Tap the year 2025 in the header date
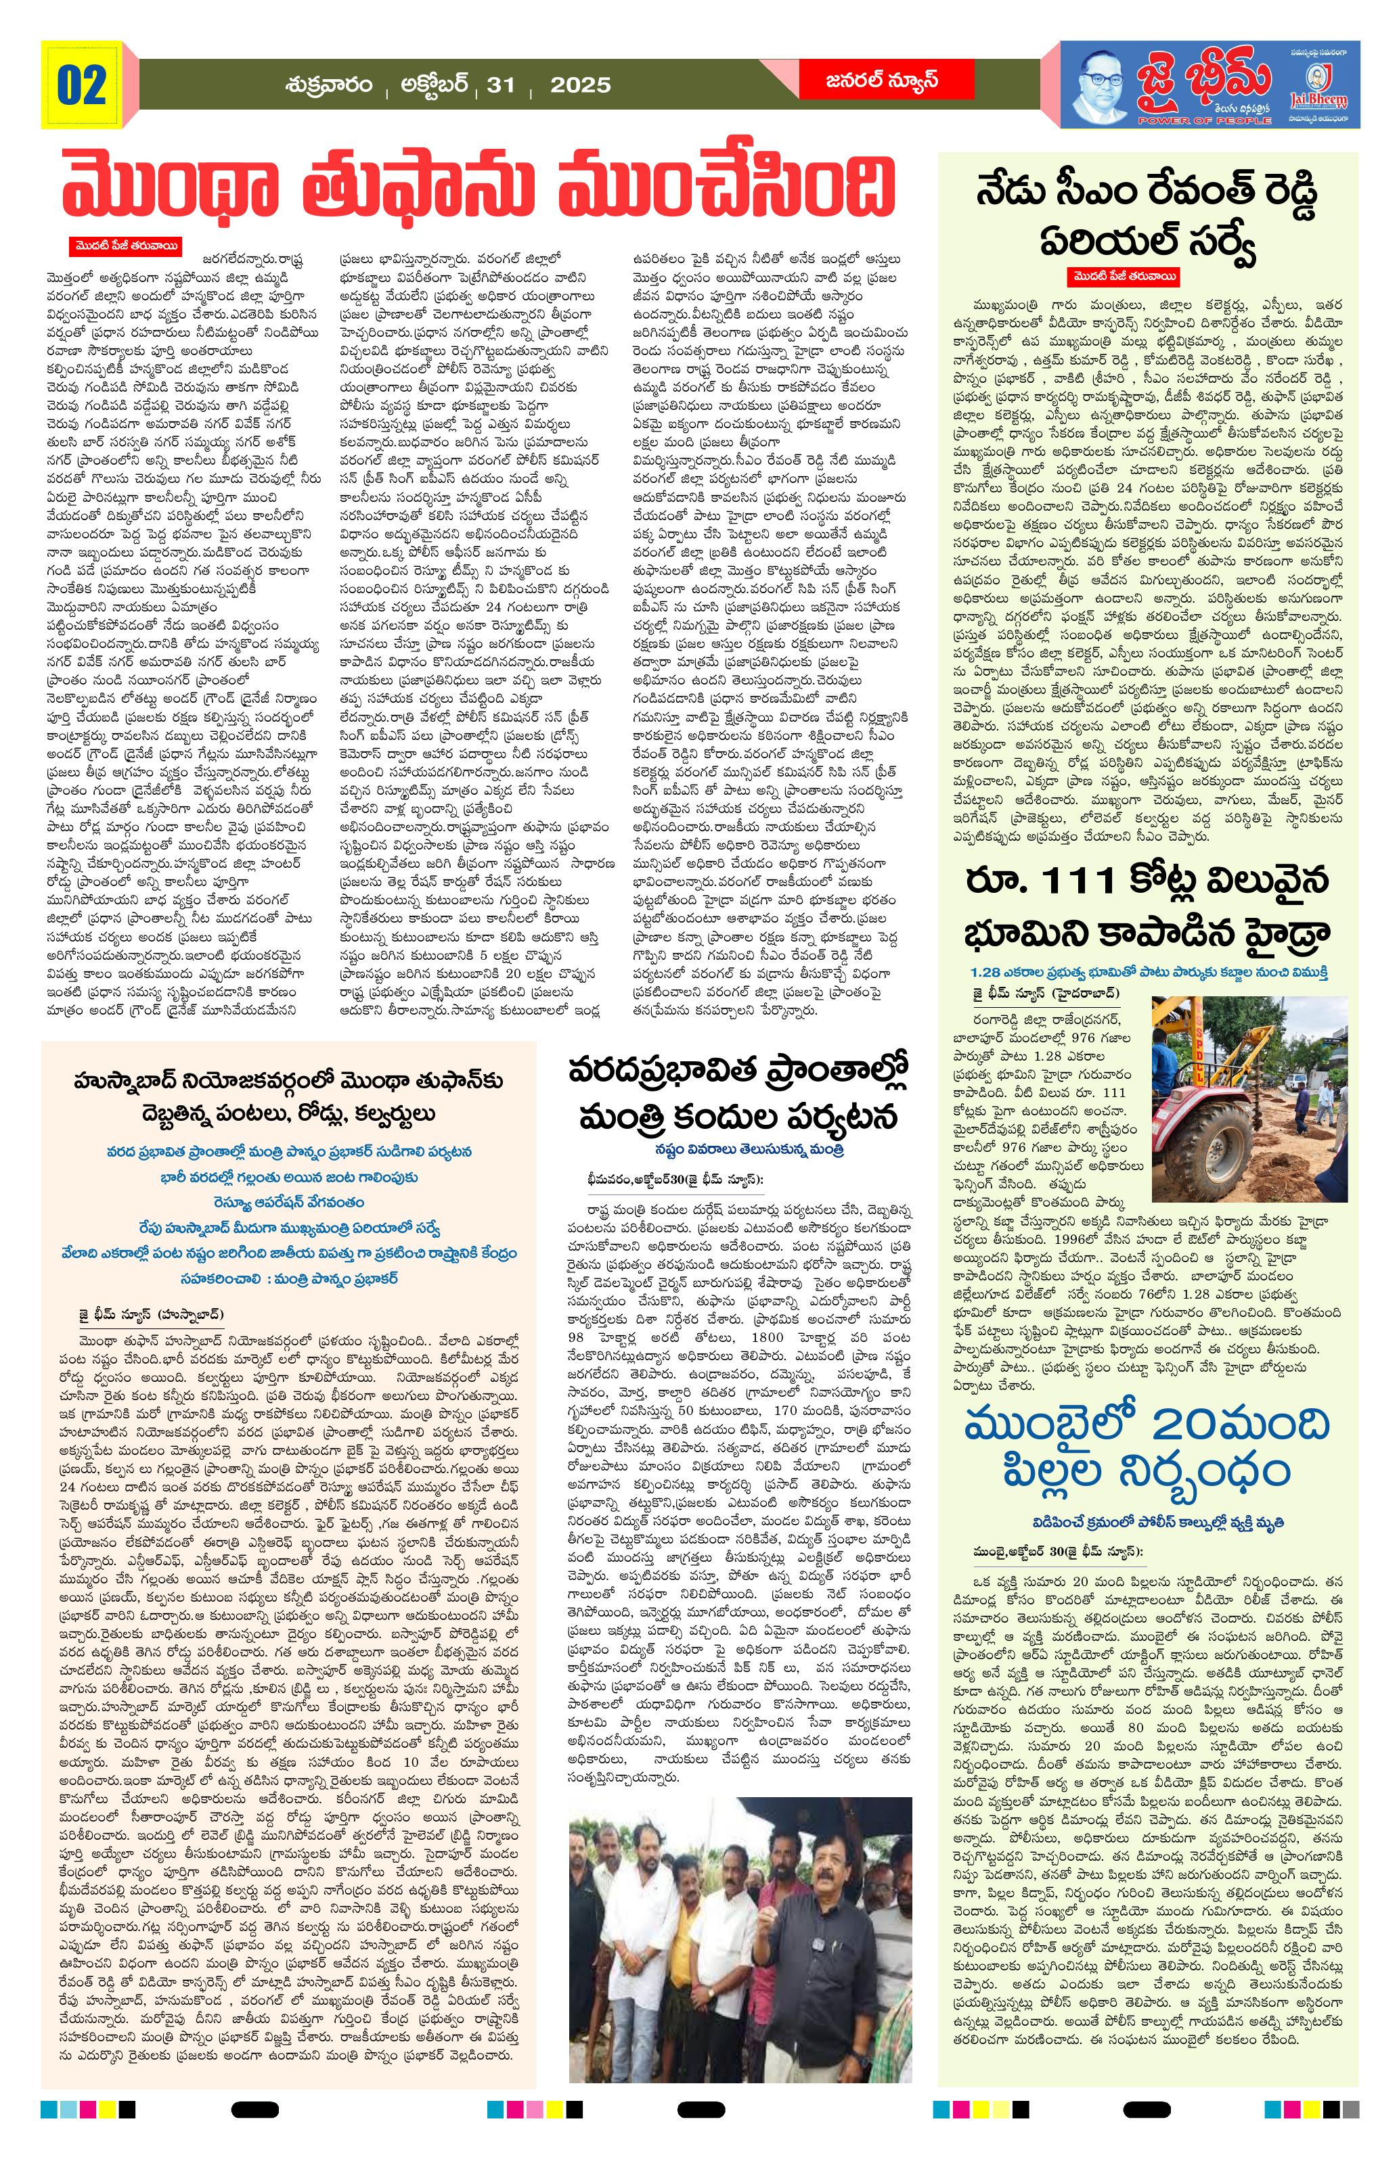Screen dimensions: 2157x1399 click(580, 85)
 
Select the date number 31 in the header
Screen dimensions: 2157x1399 click(500, 85)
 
